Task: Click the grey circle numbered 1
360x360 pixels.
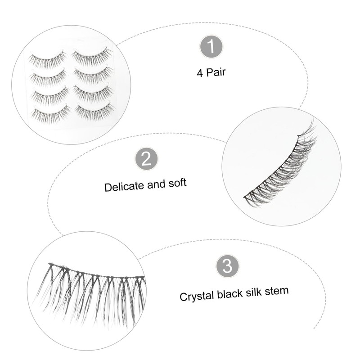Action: (x=211, y=46)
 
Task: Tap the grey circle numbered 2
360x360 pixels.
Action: (x=147, y=158)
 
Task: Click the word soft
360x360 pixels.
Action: (x=176, y=184)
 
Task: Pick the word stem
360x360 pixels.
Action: (x=277, y=291)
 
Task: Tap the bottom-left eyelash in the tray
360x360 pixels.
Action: (x=50, y=112)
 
